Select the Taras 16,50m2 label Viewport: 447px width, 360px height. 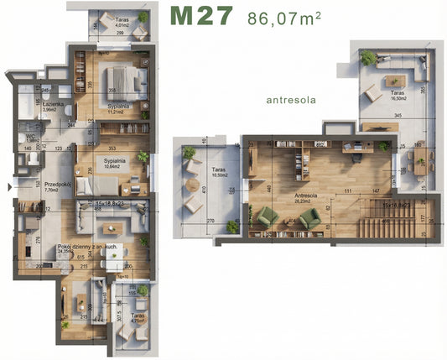coord(398,96)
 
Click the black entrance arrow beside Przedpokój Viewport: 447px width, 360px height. coord(8,187)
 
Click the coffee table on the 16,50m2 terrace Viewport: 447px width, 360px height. coord(392,80)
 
